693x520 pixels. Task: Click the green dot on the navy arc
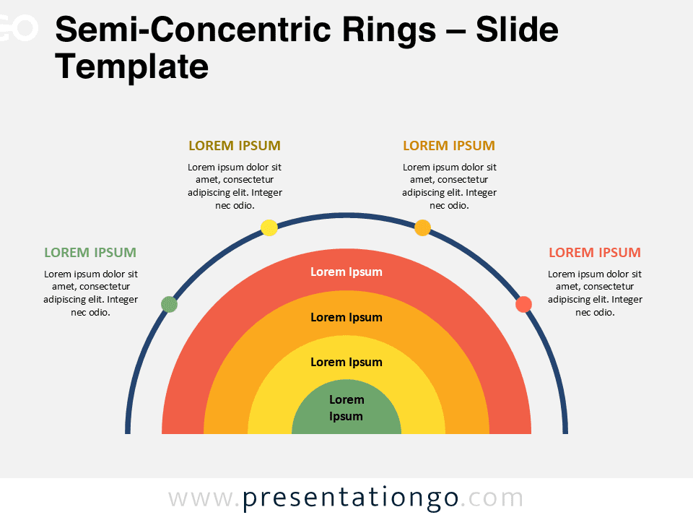pos(169,304)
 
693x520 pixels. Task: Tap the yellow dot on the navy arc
pos(269,227)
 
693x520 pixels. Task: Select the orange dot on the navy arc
pos(422,227)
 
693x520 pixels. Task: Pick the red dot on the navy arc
pos(524,304)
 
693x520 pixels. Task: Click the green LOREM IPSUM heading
pos(90,253)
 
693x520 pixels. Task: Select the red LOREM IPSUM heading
pos(595,253)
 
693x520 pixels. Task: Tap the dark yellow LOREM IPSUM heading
pos(235,145)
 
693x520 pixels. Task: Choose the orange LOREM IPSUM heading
pos(449,145)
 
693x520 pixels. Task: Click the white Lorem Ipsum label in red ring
pos(346,272)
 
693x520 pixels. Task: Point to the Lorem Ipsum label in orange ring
pos(346,318)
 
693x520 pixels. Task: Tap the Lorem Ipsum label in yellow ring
pos(346,362)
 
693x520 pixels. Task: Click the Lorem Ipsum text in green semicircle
pos(346,407)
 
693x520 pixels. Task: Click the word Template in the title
pos(131,67)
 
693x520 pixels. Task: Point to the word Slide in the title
pos(517,29)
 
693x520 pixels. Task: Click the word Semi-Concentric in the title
pos(193,29)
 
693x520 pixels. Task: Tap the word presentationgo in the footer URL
pos(351,498)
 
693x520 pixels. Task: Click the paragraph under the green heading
pos(91,293)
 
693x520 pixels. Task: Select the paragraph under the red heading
pos(595,293)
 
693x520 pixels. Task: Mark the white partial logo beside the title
pos(19,27)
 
